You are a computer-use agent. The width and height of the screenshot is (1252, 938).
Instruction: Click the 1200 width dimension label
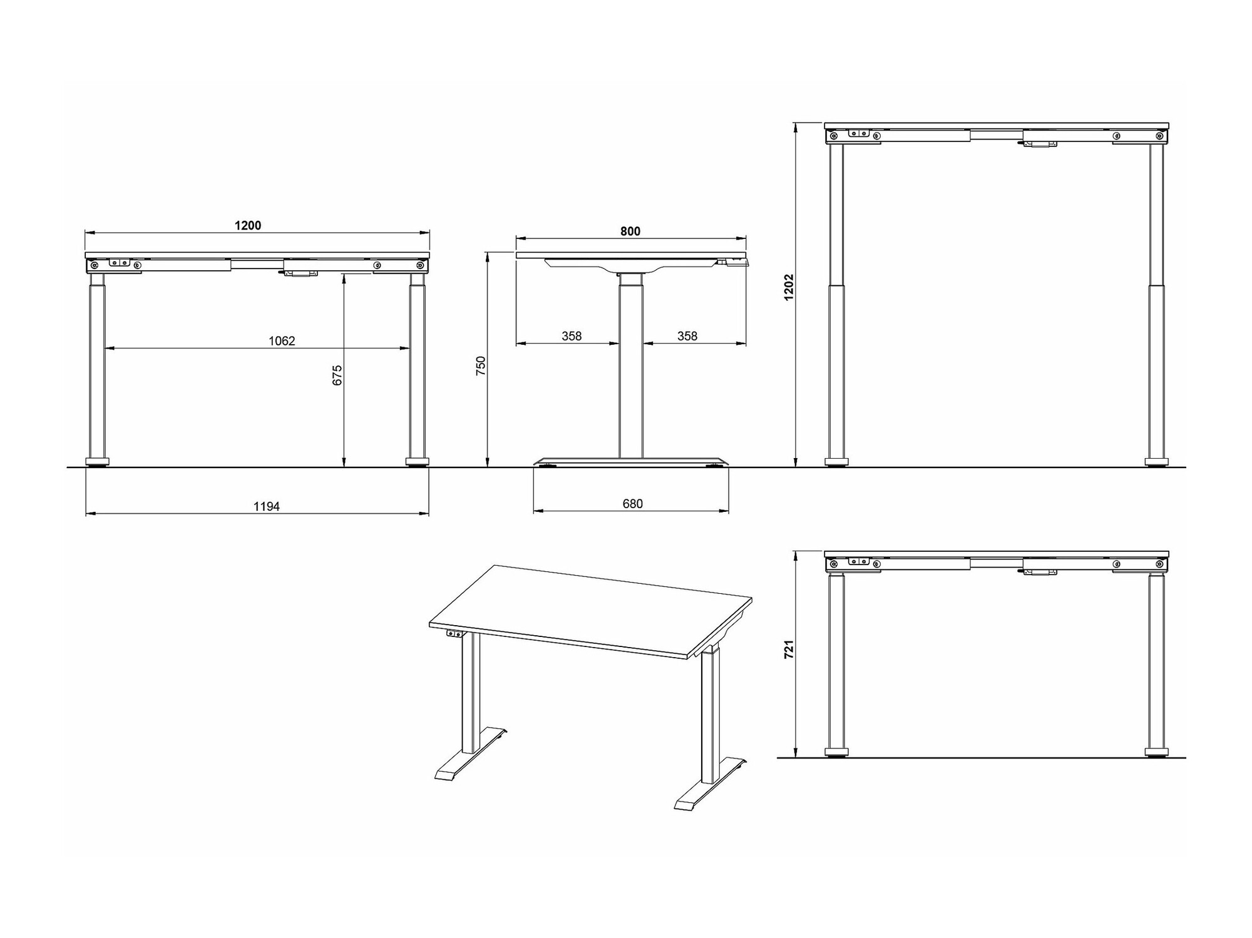(x=248, y=225)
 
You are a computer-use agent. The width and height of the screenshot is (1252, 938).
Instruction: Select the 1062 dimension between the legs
(x=282, y=341)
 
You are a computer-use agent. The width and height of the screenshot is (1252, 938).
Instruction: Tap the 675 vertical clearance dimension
(x=337, y=375)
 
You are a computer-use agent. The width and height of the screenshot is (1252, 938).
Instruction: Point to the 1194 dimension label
(x=267, y=506)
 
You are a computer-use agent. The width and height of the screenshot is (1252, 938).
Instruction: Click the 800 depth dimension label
(x=630, y=232)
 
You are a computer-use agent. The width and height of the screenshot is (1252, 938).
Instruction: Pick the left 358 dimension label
(x=572, y=336)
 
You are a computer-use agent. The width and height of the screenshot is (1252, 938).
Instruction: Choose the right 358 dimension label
(x=687, y=336)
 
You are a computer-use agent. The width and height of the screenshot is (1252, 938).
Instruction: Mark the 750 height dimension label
(x=481, y=365)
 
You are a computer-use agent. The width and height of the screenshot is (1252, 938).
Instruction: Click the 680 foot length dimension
(x=633, y=504)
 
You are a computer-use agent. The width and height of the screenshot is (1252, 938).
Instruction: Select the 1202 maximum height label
(x=789, y=287)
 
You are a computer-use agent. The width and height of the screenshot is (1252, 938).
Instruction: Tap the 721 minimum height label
(x=789, y=648)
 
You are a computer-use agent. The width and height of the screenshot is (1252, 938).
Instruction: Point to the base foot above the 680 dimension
(x=631, y=461)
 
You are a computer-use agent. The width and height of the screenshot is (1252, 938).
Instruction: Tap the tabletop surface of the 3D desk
(x=590, y=610)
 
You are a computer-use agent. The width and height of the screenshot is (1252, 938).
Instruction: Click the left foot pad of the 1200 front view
(x=97, y=462)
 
